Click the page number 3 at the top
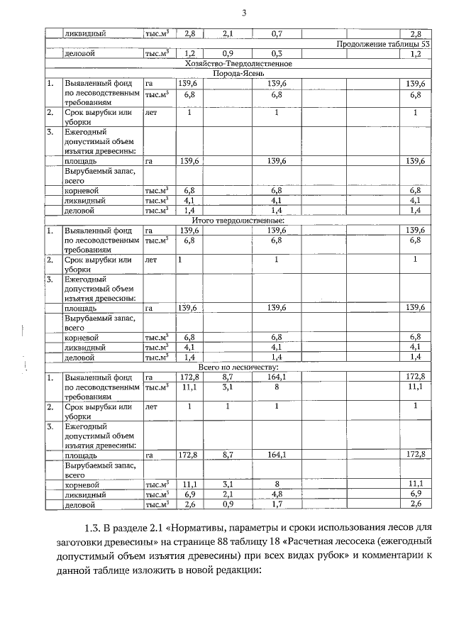243,13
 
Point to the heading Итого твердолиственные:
240,221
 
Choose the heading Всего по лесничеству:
240,367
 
